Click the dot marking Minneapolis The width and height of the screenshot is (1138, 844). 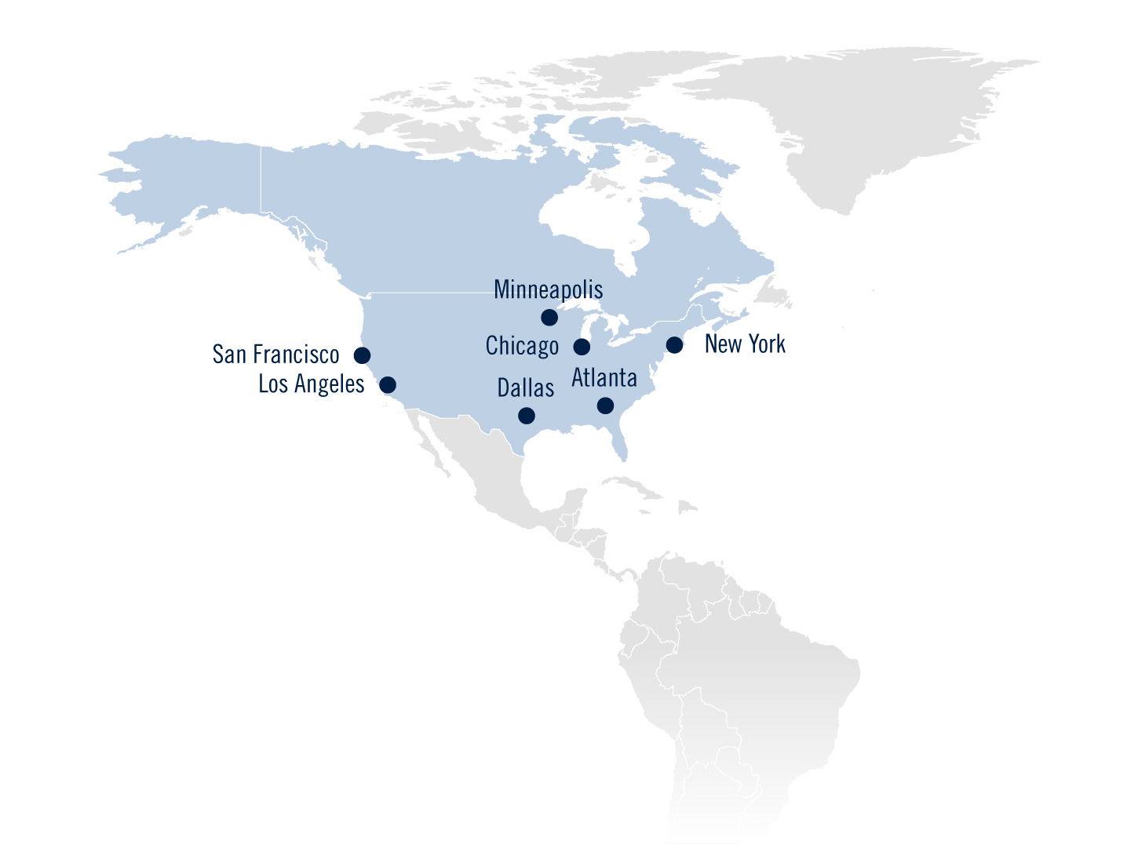[549, 318]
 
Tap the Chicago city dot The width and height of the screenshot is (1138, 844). [582, 347]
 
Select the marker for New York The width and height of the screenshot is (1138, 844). [674, 345]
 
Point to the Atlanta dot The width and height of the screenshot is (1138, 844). [605, 406]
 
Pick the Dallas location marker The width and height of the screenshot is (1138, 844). [527, 416]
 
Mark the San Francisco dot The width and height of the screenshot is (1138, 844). [362, 355]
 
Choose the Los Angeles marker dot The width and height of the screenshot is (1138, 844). [388, 385]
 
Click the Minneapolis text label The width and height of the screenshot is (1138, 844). [548, 290]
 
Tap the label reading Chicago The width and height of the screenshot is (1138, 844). [522, 346]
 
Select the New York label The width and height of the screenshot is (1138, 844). [745, 344]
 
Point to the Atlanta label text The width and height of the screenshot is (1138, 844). [604, 378]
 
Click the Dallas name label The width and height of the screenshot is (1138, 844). [525, 387]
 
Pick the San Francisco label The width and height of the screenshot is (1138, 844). [275, 355]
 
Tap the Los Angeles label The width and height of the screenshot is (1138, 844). [312, 384]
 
